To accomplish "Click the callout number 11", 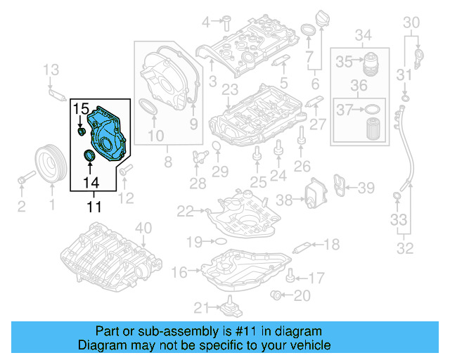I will tap(94, 207).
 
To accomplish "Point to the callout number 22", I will tap(185, 210).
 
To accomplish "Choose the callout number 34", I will tap(363, 35).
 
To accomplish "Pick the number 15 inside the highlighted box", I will tap(82, 110).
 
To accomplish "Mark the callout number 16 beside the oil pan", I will tap(179, 271).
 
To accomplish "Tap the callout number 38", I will tap(284, 200).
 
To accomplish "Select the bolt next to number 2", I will tap(25, 179).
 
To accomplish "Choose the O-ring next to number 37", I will tap(374, 109).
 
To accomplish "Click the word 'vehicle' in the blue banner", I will tap(307, 345).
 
